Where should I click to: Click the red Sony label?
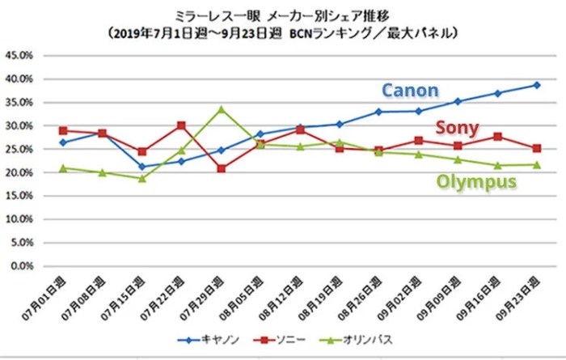tap(457, 128)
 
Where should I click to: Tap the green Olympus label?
tap(476, 182)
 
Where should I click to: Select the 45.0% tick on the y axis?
tap(19, 56)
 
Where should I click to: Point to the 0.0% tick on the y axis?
tap(21, 266)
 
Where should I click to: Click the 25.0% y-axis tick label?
tap(19, 150)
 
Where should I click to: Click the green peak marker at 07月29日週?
tap(221, 109)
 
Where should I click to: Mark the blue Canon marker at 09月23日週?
tap(536, 85)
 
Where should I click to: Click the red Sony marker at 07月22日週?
tap(181, 125)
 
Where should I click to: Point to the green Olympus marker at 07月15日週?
tap(142, 178)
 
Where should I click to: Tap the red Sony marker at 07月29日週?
tap(221, 168)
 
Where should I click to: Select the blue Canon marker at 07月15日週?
tap(142, 167)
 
